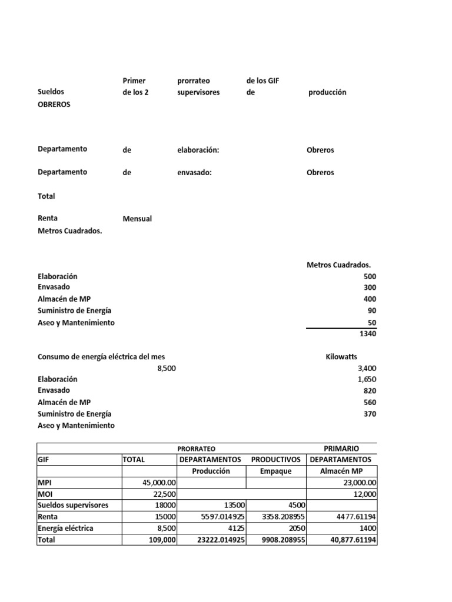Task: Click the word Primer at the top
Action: pyautogui.click(x=134, y=81)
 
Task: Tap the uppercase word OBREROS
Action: pyautogui.click(x=54, y=103)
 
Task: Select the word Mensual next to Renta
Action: pyautogui.click(x=137, y=219)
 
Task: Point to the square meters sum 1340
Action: pyautogui.click(x=367, y=334)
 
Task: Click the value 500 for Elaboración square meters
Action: pyautogui.click(x=370, y=276)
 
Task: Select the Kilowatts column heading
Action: pyautogui.click(x=341, y=357)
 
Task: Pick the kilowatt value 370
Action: pyautogui.click(x=370, y=414)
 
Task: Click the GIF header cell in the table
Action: pyautogui.click(x=45, y=459)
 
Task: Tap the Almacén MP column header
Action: pyautogui.click(x=341, y=471)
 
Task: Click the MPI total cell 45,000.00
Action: pyautogui.click(x=159, y=483)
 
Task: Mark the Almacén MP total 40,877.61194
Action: pyautogui.click(x=346, y=540)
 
